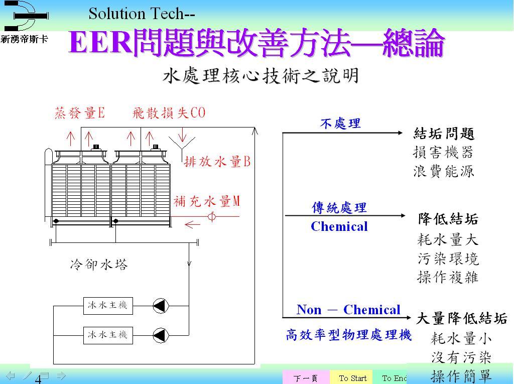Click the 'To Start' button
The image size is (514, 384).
352,378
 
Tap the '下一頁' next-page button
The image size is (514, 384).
306,378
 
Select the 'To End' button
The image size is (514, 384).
394,378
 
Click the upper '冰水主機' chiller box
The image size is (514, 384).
108,306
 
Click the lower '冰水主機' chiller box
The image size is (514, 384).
108,335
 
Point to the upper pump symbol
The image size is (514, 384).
161,306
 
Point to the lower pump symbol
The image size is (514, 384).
161,335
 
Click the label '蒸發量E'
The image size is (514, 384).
80,113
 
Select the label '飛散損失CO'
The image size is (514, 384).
169,113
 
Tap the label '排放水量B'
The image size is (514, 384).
217,162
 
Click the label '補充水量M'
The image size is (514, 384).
207,201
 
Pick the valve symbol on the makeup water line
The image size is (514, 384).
212,216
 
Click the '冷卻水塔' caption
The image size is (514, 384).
99,265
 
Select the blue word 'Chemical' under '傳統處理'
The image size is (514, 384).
339,226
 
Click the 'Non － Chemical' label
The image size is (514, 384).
348,310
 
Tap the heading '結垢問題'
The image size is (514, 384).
444,134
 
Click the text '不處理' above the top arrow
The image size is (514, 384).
341,123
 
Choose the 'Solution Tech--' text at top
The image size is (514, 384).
142,14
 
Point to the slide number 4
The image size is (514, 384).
38,379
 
